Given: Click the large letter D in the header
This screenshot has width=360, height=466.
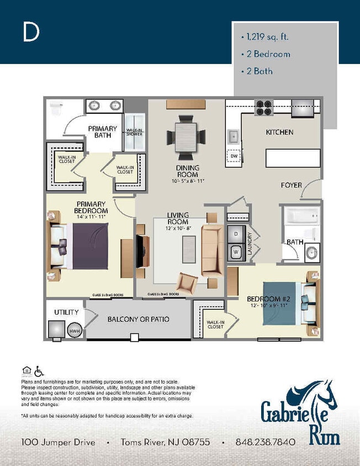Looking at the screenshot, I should pos(31,33).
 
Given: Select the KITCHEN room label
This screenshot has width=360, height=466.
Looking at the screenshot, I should pos(279,133).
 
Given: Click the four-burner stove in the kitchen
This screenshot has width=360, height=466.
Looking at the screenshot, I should pos(263,107).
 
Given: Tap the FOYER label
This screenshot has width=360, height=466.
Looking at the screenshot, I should pos(291,185).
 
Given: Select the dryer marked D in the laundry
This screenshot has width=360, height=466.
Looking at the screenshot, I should pos(237,234).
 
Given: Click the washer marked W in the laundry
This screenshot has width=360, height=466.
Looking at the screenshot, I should pos(237,252).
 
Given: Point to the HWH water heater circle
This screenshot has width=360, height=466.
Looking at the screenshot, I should pos(73,331).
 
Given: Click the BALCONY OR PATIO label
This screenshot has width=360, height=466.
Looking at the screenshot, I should pos(138,319).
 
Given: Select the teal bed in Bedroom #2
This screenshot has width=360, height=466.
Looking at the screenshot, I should pos(282,302).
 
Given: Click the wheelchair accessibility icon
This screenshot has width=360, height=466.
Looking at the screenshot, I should pos(39,371).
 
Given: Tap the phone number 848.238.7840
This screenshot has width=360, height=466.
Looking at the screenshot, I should pos(265,442).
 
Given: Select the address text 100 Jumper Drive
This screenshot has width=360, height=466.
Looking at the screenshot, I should pos(58,442).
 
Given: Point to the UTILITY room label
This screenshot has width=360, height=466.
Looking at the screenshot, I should pos(66,313).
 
